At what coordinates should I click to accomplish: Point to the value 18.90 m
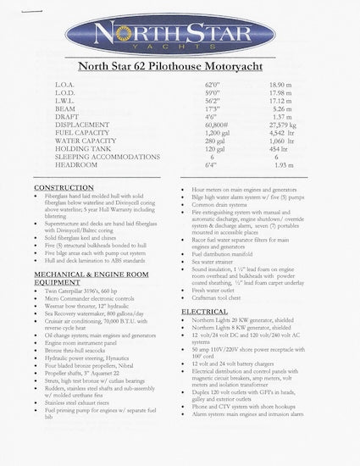[x=280, y=86]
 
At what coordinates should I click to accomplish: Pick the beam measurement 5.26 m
[x=280, y=109]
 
